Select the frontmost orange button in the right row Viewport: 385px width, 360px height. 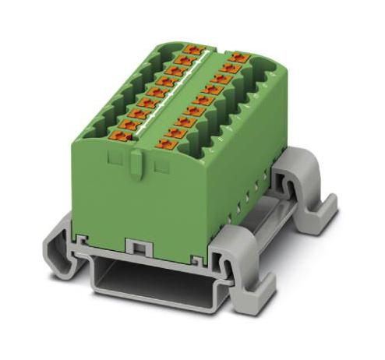click(166, 143)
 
